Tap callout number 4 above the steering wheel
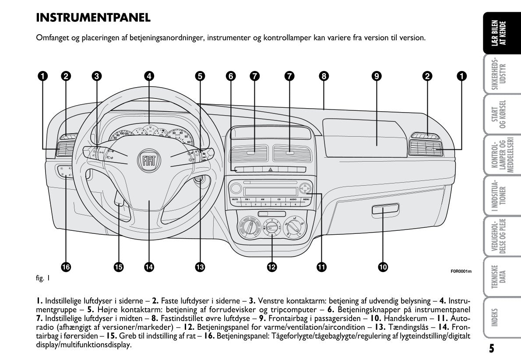click(149, 76)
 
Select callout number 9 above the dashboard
click(376, 76)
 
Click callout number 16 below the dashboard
click(66, 266)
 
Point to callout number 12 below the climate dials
click(271, 266)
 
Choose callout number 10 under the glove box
click(383, 266)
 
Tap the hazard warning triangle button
click(270, 169)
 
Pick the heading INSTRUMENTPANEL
click(93, 18)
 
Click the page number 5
click(492, 348)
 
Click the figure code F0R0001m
click(461, 271)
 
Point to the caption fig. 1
click(42, 278)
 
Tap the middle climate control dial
click(271, 226)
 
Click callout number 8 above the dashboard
click(323, 76)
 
